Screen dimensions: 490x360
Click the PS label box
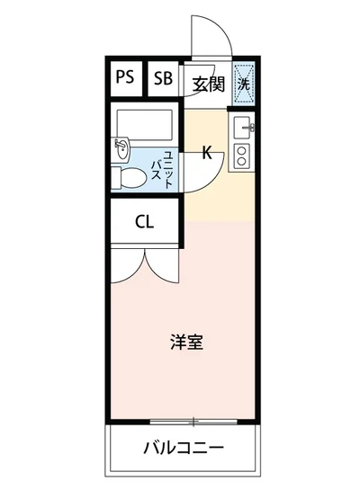click(124, 77)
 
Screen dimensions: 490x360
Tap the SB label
click(162, 77)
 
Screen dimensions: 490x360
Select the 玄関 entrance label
click(207, 85)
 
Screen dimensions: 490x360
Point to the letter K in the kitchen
click(206, 153)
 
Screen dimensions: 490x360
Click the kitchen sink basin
click(240, 129)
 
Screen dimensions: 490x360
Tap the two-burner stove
click(240, 155)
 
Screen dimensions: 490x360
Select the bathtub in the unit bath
click(144, 121)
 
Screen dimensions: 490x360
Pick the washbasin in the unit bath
click(122, 146)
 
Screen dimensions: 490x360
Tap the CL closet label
click(144, 222)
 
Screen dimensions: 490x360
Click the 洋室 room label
click(186, 343)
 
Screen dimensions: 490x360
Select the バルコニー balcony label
click(183, 448)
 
